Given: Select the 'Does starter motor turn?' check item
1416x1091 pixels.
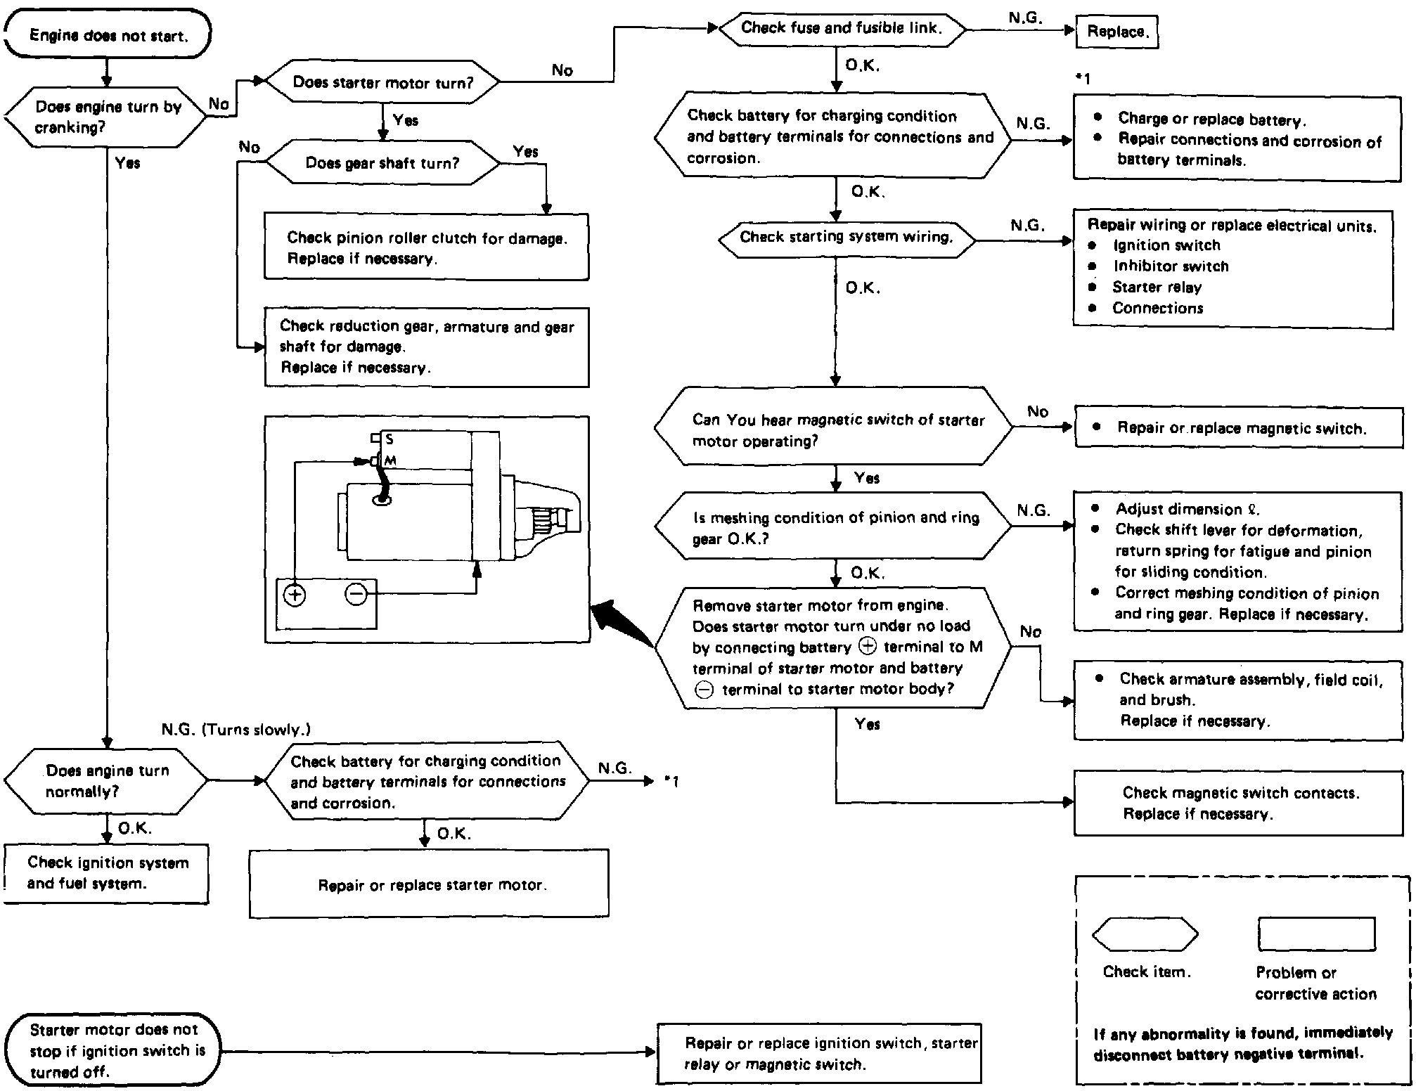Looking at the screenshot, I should tap(382, 82).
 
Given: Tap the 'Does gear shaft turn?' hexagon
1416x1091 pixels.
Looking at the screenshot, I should tap(382, 163).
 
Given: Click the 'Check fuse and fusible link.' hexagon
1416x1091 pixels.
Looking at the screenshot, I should tap(840, 28).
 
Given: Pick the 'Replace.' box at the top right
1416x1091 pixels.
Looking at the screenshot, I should tap(1116, 32).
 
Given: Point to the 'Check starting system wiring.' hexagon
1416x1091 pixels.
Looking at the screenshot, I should tap(846, 238).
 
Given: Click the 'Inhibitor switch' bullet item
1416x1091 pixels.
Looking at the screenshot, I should tap(1170, 266).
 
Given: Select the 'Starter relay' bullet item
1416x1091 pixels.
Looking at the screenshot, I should tap(1157, 288).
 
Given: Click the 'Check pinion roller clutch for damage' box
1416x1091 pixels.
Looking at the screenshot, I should tap(426, 247).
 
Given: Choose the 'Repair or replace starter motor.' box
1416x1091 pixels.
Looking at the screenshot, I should tap(429, 884).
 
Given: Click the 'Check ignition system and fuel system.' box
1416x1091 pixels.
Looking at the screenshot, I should tap(107, 873).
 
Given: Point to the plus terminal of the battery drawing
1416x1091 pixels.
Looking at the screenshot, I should tap(295, 595).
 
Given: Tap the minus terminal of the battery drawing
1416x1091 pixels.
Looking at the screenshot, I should tap(356, 595).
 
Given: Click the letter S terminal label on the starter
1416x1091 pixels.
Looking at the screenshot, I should tap(390, 439).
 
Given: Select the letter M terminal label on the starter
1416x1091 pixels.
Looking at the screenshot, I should tap(390, 460).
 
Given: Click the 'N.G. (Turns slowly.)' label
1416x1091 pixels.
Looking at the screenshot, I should tap(236, 730).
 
